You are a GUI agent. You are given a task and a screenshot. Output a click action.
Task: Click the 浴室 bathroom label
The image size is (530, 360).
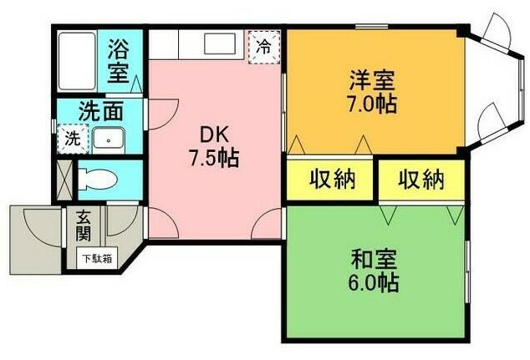tap(119, 60)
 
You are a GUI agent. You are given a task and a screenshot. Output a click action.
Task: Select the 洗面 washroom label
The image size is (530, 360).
tap(101, 111)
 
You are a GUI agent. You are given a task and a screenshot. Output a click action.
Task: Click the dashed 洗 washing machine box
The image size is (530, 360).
tap(73, 139)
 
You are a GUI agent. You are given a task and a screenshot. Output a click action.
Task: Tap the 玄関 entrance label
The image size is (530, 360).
tap(84, 223)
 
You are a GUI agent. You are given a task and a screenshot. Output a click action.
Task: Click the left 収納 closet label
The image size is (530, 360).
tap(331, 179)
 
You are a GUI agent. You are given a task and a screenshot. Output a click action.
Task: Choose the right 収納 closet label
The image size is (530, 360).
tap(420, 179)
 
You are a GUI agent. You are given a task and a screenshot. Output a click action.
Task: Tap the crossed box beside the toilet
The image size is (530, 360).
tap(64, 180)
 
